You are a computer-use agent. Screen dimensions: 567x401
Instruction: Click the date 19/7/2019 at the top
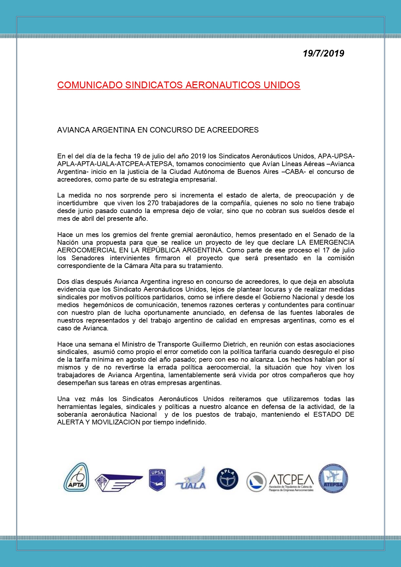point(323,53)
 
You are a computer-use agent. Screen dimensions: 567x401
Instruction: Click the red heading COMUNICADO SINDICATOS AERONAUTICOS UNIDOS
point(179,85)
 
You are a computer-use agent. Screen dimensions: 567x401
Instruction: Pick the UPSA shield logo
point(157,480)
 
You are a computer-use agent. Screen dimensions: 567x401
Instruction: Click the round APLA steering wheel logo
point(227,479)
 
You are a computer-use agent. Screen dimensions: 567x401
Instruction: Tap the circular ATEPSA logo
point(333,478)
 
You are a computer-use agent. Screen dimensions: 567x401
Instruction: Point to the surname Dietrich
point(233,344)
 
